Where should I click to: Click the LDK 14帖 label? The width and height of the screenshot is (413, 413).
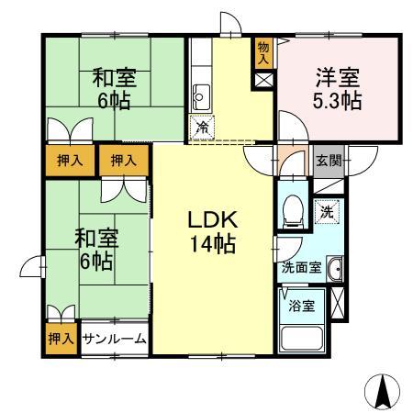(x=213, y=233)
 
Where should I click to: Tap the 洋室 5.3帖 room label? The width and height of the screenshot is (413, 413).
(x=336, y=89)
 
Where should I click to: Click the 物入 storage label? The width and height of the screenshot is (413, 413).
(x=263, y=52)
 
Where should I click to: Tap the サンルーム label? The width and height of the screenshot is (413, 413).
(x=114, y=339)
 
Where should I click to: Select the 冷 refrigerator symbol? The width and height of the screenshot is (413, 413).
(x=201, y=128)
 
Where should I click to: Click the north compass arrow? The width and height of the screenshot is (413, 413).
(x=382, y=392)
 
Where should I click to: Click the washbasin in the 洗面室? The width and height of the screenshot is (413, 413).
(x=334, y=270)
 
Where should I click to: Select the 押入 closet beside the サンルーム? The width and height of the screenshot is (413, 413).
(x=61, y=339)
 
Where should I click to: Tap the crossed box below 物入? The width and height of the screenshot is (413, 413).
(x=263, y=79)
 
